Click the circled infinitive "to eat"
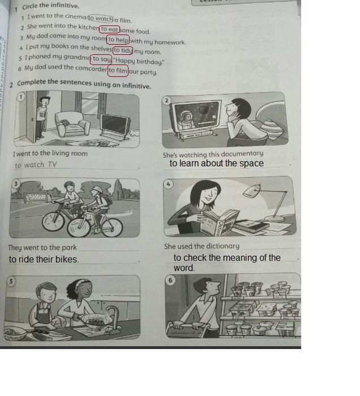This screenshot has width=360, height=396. (109, 29)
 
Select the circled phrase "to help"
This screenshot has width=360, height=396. (118, 40)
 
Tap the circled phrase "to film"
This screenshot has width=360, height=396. (118, 71)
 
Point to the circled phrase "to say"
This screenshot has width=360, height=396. (101, 59)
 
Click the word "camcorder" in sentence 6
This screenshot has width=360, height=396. (91, 68)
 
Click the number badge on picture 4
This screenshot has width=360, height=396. (168, 184)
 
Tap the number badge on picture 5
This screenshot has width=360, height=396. (11, 281)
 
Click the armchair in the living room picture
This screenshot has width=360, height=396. (72, 124)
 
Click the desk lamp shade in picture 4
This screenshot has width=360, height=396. (252, 191)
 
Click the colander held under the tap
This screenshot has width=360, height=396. (96, 320)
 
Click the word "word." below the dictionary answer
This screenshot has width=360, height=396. (184, 268)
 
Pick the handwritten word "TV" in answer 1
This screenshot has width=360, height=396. (52, 165)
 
